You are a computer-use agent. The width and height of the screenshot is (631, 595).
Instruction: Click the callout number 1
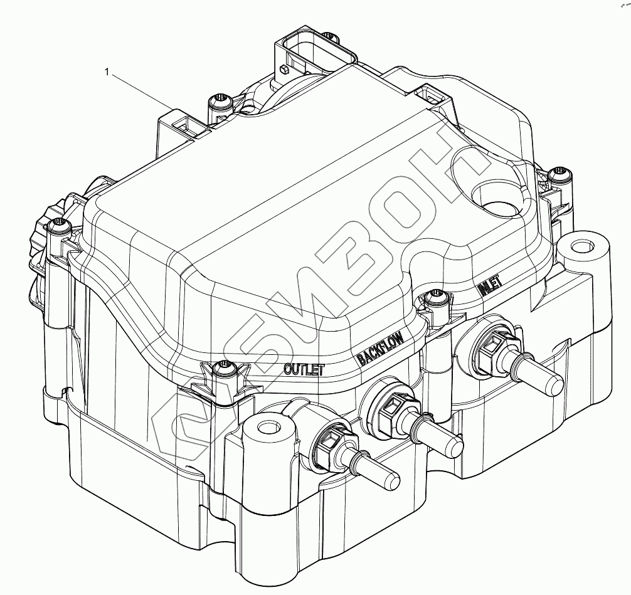(x=107, y=72)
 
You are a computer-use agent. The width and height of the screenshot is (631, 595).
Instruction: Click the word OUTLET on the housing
(x=304, y=369)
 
